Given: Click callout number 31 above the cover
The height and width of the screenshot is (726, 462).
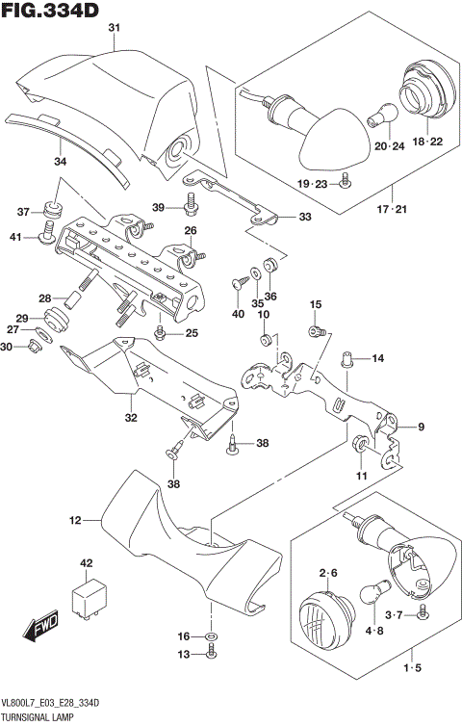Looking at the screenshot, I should (x=114, y=29).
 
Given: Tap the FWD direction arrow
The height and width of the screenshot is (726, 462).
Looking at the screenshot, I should (x=44, y=631).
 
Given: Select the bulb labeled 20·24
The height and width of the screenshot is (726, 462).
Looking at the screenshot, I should (x=380, y=117).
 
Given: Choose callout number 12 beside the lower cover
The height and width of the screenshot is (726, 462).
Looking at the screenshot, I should (x=74, y=521).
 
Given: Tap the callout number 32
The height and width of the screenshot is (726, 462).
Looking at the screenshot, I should (x=131, y=418).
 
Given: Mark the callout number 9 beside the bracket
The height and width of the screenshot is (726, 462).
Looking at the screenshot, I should (x=420, y=426).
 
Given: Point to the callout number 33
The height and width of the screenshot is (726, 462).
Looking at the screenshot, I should (x=304, y=218).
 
